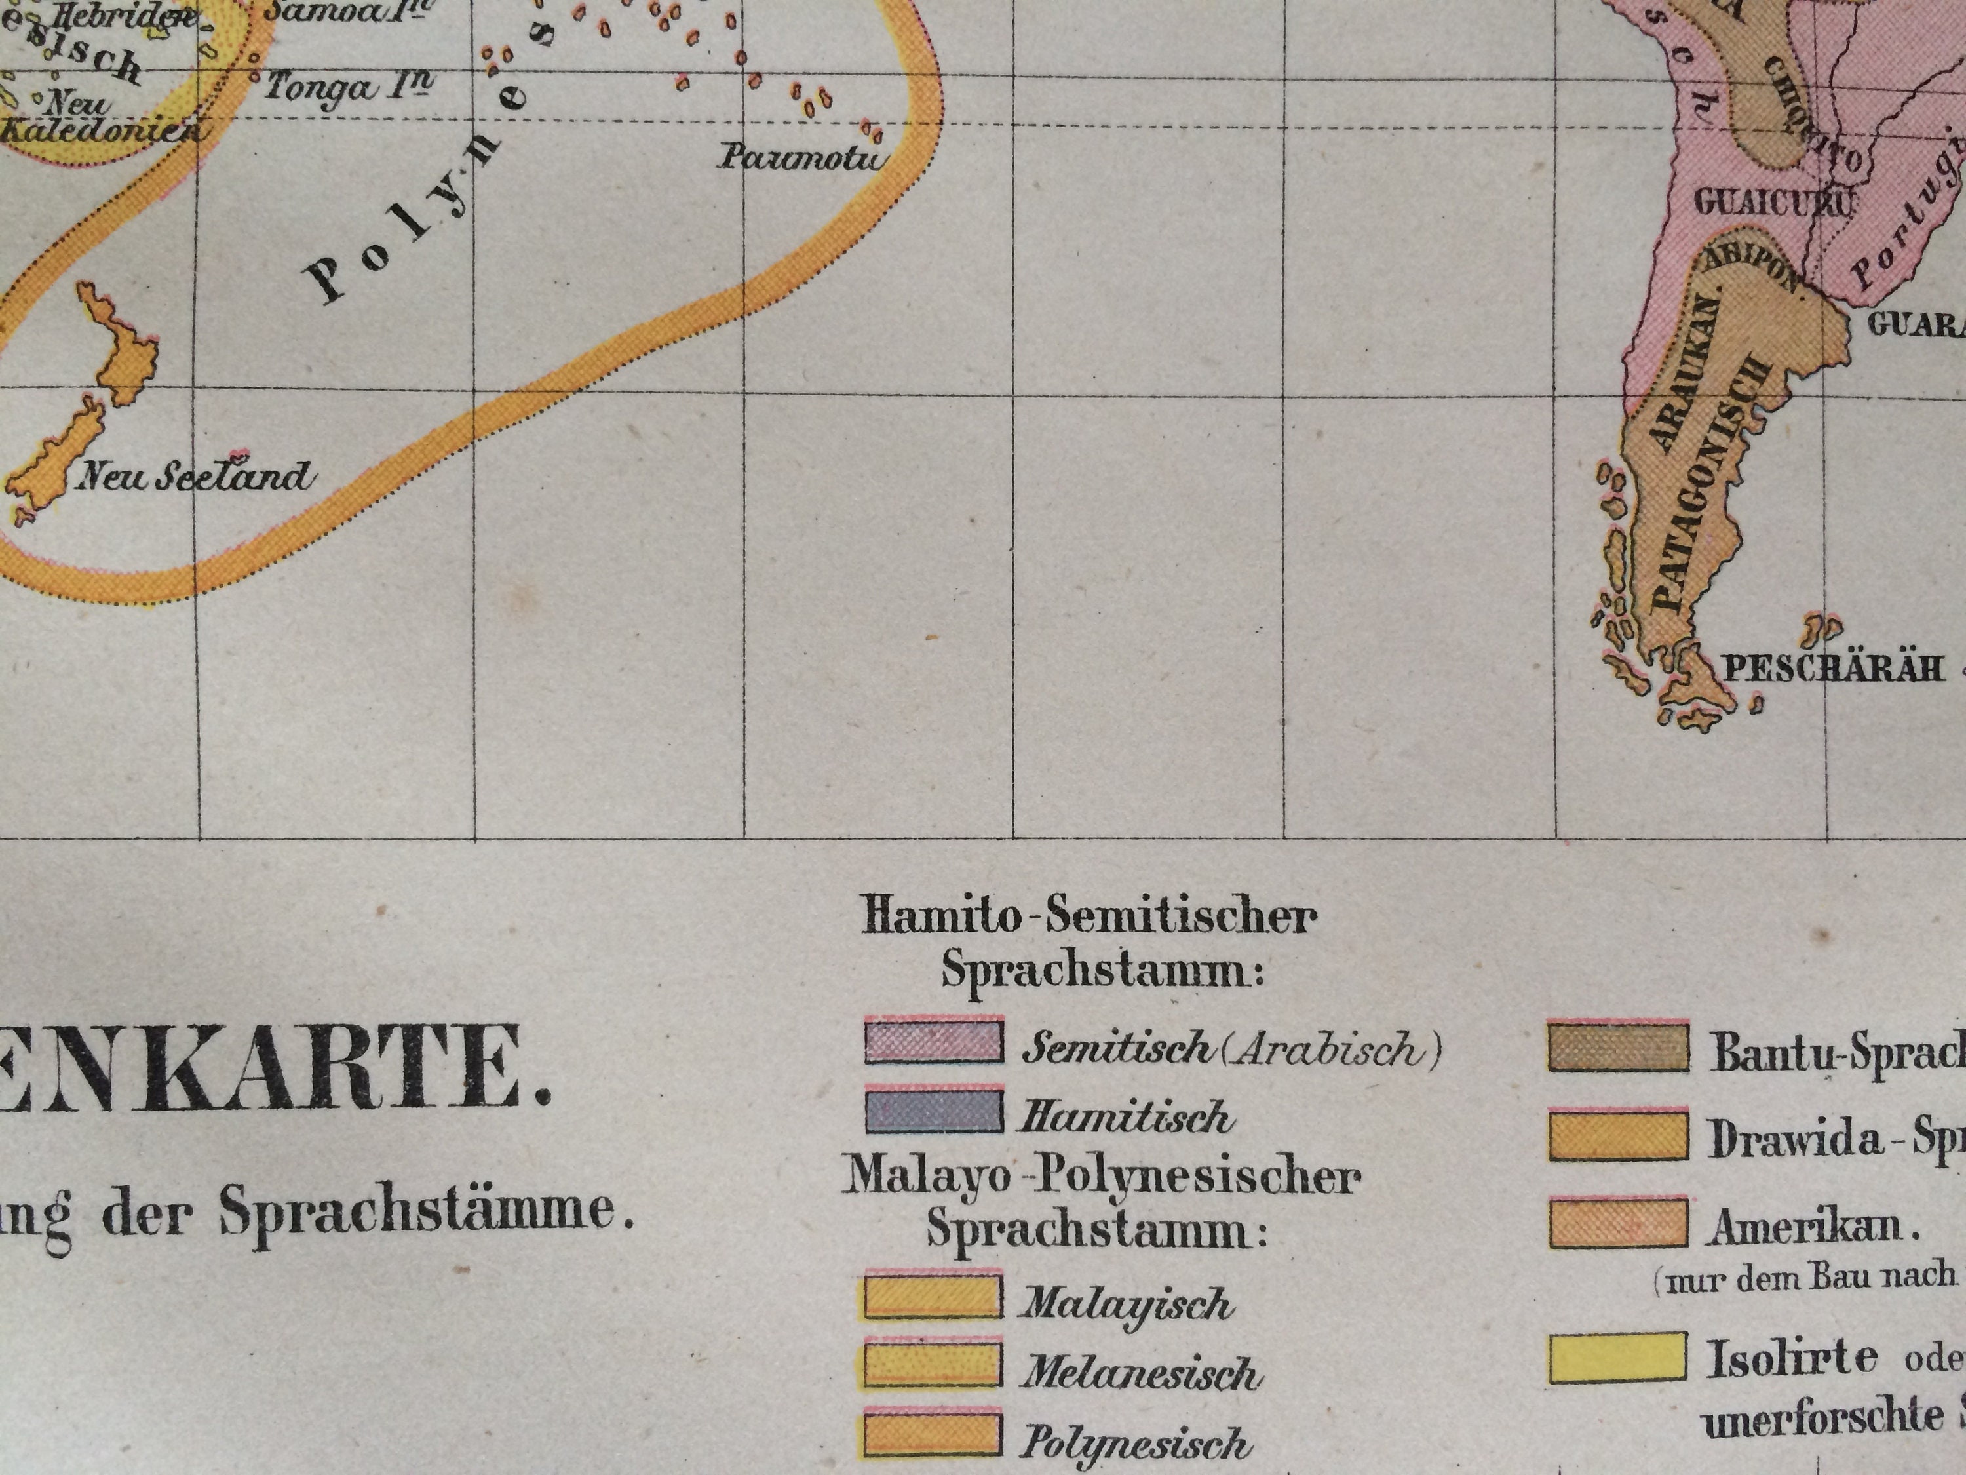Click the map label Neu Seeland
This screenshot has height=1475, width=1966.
coord(195,477)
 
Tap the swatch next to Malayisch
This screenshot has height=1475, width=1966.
coord(931,1298)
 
